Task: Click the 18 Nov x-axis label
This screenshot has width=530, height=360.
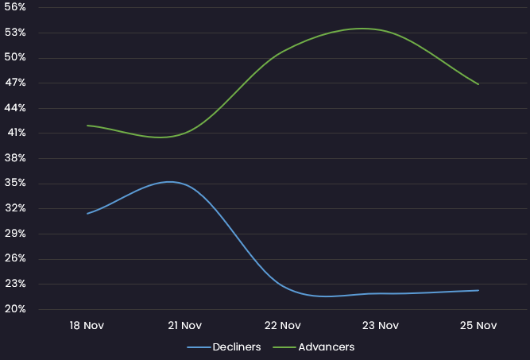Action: (x=87, y=325)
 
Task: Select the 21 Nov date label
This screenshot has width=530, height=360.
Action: (x=184, y=325)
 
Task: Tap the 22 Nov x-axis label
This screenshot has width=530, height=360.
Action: (x=282, y=325)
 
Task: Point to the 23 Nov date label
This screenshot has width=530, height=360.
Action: (x=380, y=325)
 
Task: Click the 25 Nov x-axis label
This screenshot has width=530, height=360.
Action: (x=478, y=325)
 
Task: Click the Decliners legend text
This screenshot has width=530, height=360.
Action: (x=237, y=347)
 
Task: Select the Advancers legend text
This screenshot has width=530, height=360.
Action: (x=326, y=347)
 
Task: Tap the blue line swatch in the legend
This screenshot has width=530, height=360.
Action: (x=199, y=347)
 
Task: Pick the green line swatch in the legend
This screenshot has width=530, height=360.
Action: (x=284, y=347)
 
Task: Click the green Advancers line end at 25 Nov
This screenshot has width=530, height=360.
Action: (x=478, y=84)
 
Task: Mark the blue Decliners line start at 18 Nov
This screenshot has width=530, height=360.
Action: (x=87, y=213)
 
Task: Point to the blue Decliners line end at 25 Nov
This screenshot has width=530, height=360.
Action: (x=478, y=290)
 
